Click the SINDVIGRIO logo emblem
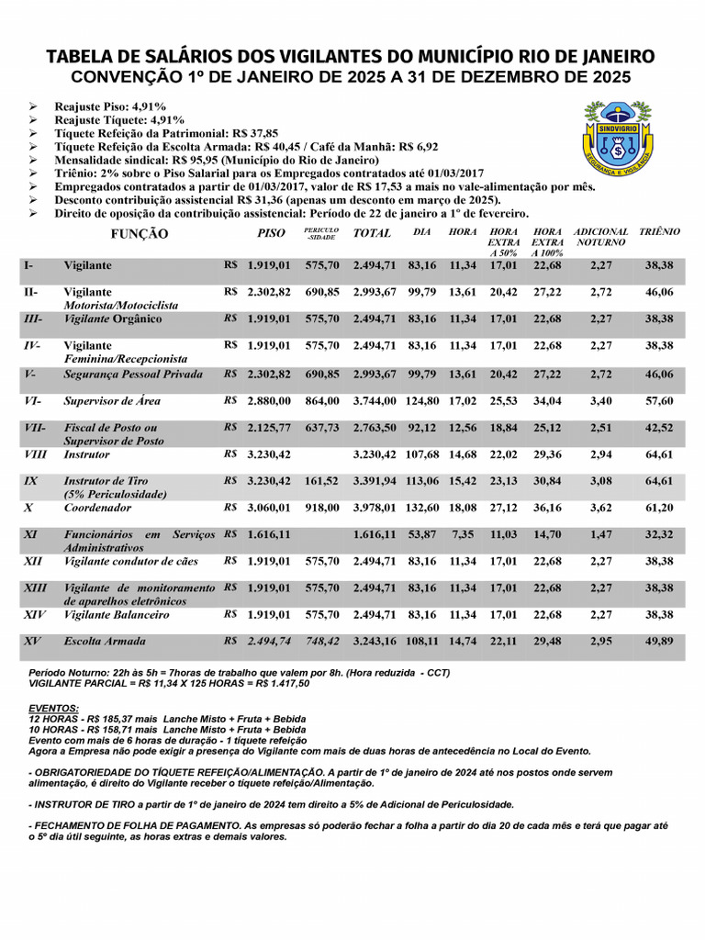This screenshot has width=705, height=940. (619, 139)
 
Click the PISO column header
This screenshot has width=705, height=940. (271, 232)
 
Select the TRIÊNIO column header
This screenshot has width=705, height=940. (659, 232)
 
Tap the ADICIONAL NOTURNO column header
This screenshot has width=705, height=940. (601, 237)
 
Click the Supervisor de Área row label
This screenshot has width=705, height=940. (100, 401)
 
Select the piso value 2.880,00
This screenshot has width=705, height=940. (269, 401)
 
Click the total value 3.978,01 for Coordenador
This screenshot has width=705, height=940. (375, 508)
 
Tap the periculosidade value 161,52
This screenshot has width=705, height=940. (321, 481)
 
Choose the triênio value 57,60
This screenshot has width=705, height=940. (659, 401)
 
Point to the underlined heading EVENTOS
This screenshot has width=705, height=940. (53, 708)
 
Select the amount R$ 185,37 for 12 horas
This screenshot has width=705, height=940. (107, 719)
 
